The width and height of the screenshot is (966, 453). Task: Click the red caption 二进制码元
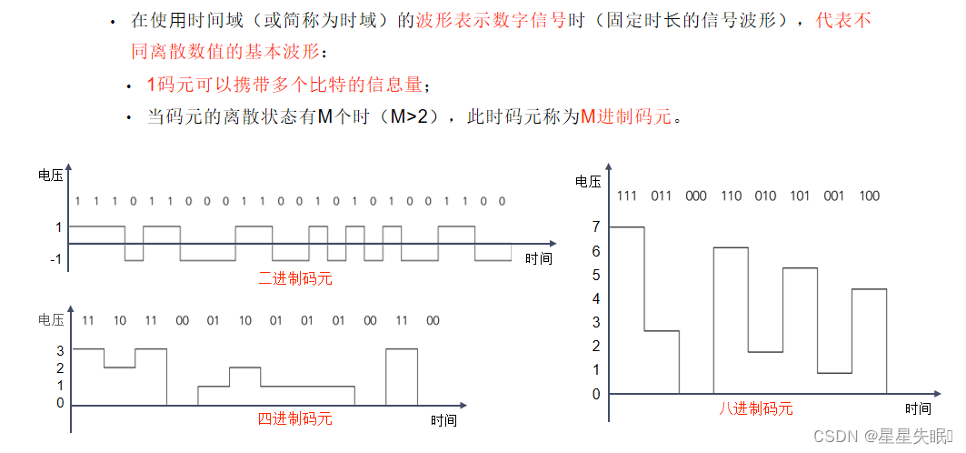point(295,278)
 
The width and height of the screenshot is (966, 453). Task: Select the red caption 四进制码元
point(295,419)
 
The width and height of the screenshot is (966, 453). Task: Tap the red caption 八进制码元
point(756,408)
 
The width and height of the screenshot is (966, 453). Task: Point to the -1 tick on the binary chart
point(55,260)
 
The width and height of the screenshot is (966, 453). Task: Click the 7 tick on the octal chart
point(596,226)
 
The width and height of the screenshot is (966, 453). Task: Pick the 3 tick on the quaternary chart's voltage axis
point(60,349)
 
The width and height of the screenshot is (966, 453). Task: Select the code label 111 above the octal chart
point(626,196)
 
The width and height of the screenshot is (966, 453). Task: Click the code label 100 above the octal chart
point(869,196)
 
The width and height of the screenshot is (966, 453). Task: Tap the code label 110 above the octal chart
point(731,196)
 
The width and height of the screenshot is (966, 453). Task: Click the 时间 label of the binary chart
point(538,258)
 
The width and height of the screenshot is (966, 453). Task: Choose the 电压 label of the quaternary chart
point(50,320)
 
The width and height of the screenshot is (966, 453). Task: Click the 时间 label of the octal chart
point(918,408)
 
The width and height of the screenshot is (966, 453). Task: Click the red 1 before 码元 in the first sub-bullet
point(152,85)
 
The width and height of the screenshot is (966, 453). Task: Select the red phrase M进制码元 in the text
point(627,117)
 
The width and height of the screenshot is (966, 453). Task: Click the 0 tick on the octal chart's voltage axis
point(596,394)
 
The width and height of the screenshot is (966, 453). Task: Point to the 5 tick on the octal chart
point(596,275)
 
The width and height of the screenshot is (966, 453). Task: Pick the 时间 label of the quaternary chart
point(444,420)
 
